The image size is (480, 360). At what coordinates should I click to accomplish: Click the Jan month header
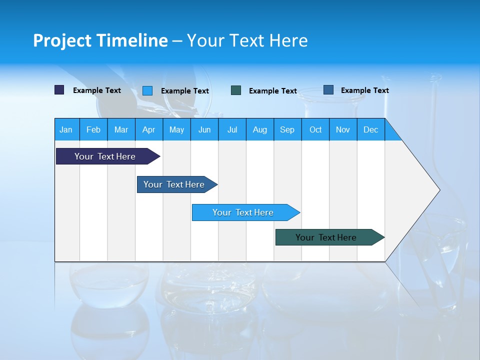[66, 129]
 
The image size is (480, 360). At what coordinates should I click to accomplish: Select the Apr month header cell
[149, 129]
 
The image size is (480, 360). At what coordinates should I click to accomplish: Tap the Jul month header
[232, 129]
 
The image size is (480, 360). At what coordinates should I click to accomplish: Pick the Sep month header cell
[287, 129]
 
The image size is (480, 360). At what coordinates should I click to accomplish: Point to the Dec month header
[370, 129]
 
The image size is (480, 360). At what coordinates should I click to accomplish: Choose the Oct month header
[315, 129]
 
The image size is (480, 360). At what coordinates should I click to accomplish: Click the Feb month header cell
[93, 129]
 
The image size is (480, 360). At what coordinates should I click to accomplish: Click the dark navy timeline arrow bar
[105, 156]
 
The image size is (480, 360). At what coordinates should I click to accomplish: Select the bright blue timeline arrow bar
[243, 212]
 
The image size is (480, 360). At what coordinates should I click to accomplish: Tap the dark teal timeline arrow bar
[326, 237]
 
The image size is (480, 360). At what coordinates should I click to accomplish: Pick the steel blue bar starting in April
[174, 184]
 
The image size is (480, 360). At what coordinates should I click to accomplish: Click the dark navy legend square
[59, 90]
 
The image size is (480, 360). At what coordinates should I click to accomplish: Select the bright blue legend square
[147, 90]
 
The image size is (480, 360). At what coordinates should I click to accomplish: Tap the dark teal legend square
[236, 90]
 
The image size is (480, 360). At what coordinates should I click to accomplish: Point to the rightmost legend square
[328, 90]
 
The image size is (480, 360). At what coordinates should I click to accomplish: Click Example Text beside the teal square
[272, 91]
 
